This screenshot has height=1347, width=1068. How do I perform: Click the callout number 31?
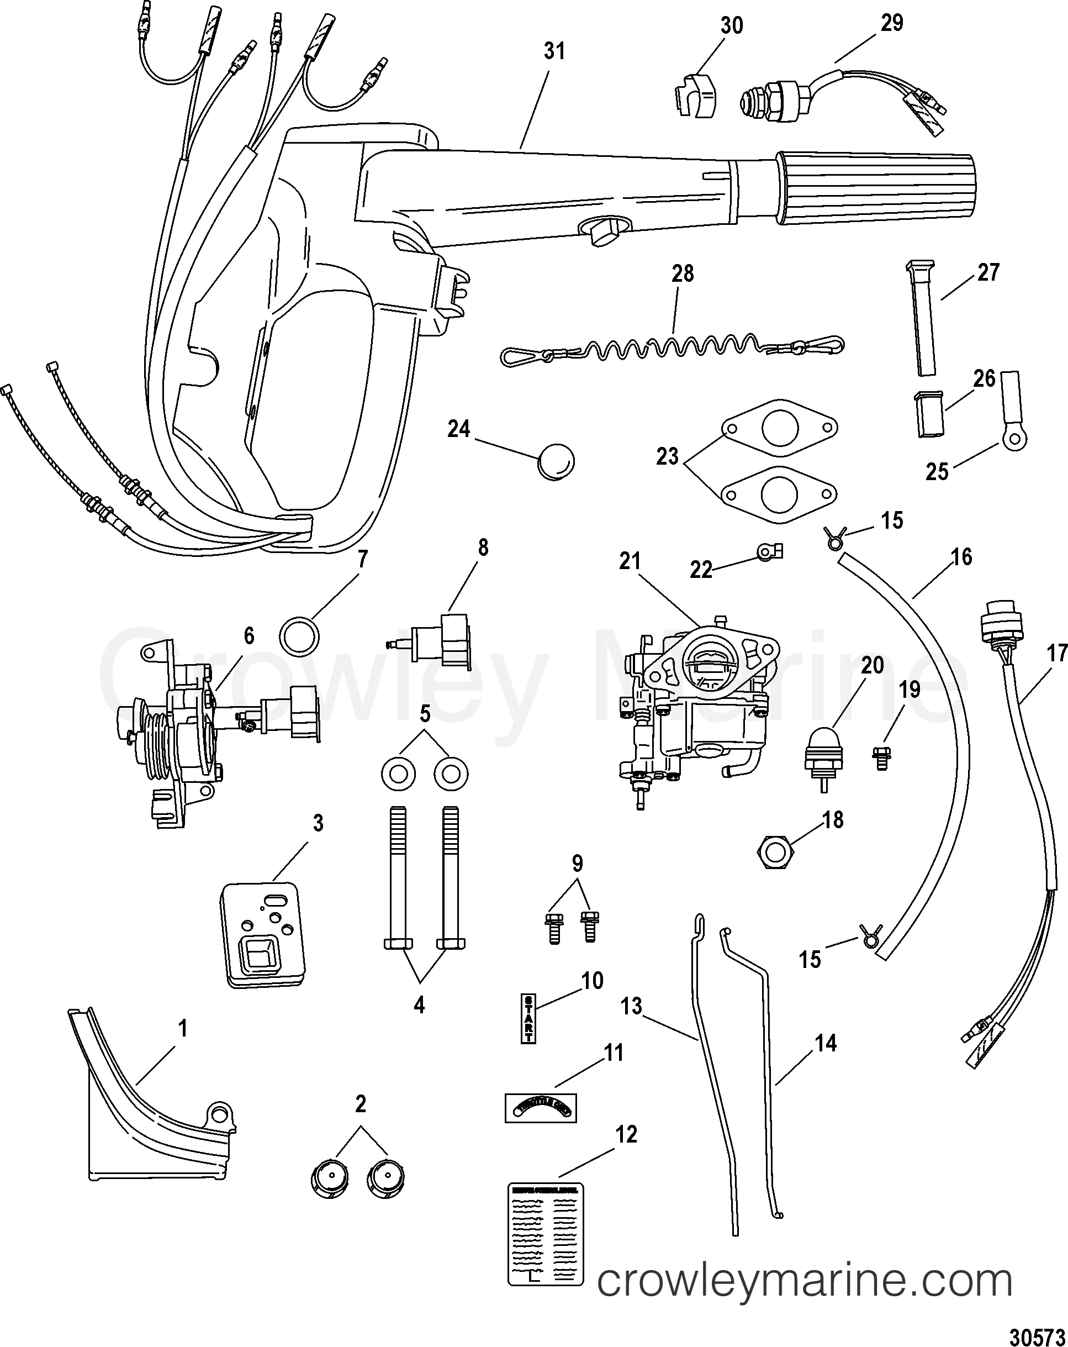(554, 52)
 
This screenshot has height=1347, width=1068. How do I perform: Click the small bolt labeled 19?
(881, 757)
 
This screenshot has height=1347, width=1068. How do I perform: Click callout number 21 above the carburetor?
(630, 561)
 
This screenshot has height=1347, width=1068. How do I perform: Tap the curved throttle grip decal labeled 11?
(540, 1109)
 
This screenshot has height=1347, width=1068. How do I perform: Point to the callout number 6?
(249, 635)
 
